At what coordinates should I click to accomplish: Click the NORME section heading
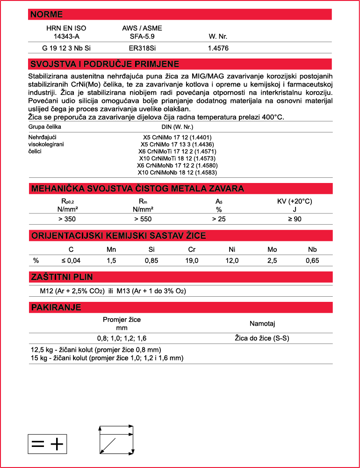pos(46,15)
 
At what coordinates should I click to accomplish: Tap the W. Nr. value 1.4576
pos(218,48)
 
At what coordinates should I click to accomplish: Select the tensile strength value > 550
pos(143,219)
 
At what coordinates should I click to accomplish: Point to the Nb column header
pos(312,249)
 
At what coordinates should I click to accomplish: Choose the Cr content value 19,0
pos(192,261)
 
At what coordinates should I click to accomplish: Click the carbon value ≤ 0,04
pos(71,261)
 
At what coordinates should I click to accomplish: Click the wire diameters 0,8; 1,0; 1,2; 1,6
pos(122,338)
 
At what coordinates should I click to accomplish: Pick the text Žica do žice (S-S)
pos(262,338)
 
